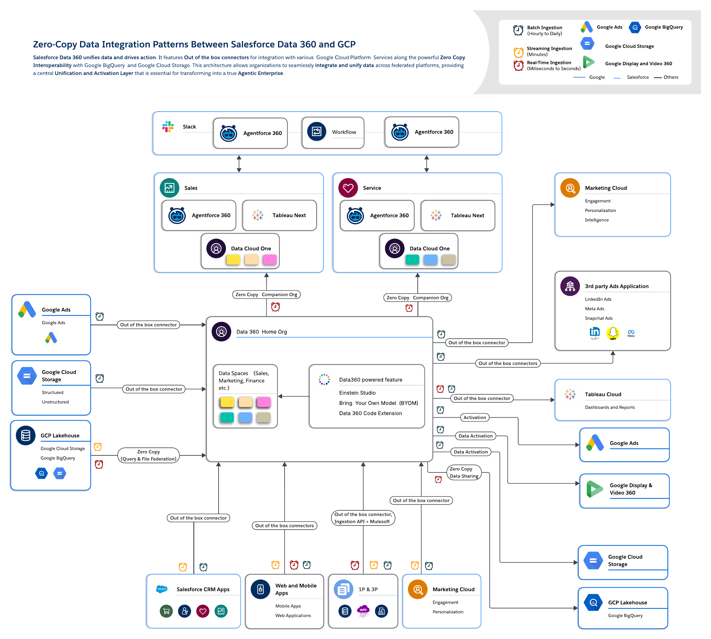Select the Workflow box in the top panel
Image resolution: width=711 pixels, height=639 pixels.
[333, 132]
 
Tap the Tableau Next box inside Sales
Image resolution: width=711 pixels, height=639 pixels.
[279, 215]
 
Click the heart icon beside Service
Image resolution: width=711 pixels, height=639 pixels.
[348, 188]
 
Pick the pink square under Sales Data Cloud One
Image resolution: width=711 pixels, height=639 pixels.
[270, 260]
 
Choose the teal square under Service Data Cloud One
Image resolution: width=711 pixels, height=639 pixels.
[412, 260]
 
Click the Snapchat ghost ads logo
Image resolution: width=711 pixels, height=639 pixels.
[613, 333]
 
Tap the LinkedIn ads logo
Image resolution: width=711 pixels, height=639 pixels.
[595, 333]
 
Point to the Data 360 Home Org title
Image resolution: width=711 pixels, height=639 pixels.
[261, 332]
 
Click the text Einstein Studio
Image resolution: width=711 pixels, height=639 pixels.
[357, 393]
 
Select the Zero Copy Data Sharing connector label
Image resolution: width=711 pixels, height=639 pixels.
[464, 473]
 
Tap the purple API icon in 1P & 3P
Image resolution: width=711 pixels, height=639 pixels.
[363, 611]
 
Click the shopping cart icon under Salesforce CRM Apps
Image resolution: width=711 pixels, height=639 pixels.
[166, 611]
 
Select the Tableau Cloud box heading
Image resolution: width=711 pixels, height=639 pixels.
[603, 394]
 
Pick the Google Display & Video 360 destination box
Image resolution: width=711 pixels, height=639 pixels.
[624, 491]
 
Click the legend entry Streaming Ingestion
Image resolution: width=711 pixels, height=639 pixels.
[549, 49]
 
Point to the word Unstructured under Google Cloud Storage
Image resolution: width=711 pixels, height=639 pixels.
[55, 402]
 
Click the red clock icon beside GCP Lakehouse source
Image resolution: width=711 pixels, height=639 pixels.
[99, 464]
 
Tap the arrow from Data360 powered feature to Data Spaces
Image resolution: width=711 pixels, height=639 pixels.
[293, 396]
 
